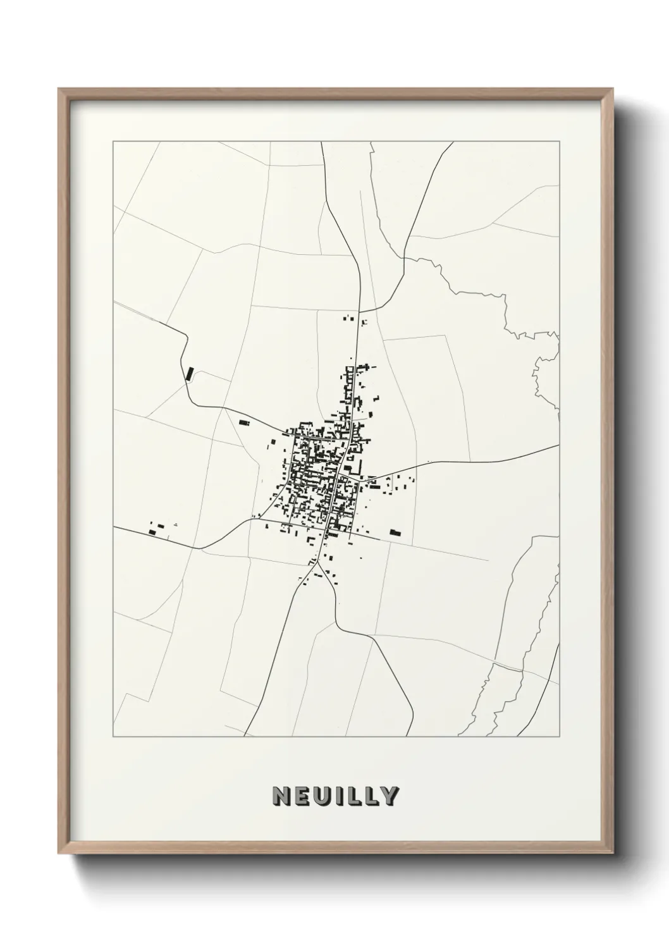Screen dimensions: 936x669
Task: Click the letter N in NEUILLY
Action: pos(281,796)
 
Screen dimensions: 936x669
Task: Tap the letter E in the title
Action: pos(302,796)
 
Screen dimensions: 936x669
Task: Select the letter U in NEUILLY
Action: pos(323,796)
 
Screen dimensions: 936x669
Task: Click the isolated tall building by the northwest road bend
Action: pos(188,373)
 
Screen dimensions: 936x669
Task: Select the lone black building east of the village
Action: pos(396,533)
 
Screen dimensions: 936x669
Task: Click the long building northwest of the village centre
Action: pos(243,422)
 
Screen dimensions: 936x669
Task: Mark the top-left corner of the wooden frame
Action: pos(59,89)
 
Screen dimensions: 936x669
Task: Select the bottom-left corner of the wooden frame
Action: pos(59,853)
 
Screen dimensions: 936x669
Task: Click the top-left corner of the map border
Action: pos(113,142)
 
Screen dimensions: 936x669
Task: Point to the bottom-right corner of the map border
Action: pos(560,737)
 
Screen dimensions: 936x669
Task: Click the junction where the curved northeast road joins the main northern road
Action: pos(360,311)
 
